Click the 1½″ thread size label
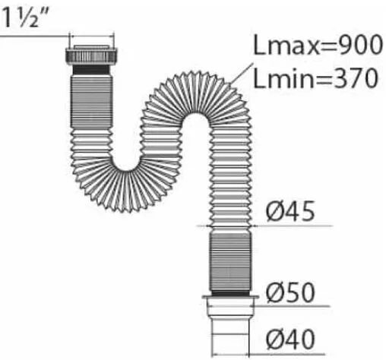point(21,17)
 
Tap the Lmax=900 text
point(318,45)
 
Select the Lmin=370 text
point(315,78)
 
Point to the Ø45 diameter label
point(290,211)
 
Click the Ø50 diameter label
point(290,292)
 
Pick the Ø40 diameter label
point(290,339)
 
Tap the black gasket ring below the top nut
point(91,70)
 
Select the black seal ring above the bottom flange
point(230,293)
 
